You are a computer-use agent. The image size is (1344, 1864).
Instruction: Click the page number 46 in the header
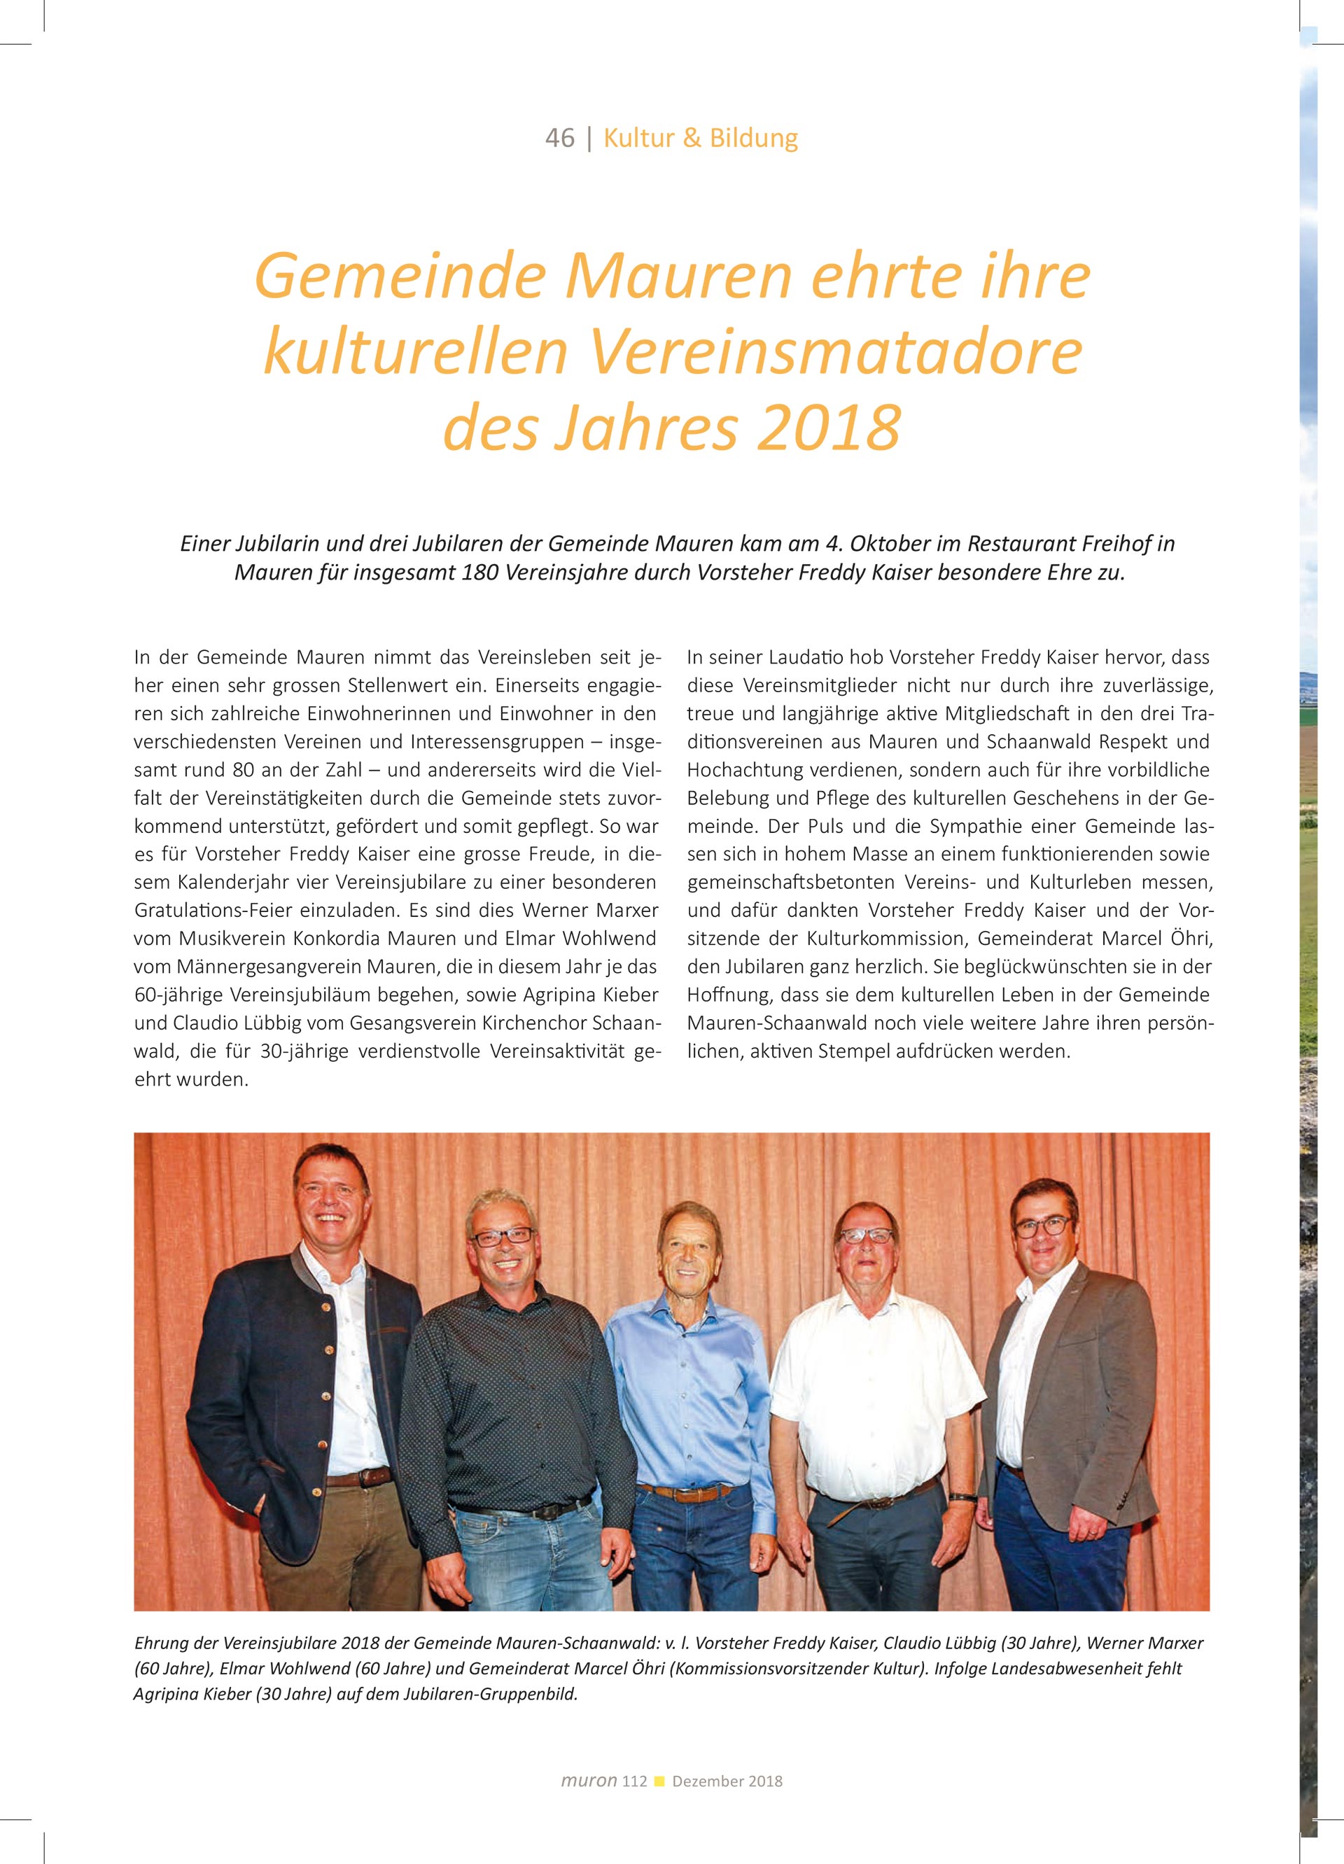[559, 138]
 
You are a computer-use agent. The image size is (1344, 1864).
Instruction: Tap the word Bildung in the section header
[754, 138]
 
